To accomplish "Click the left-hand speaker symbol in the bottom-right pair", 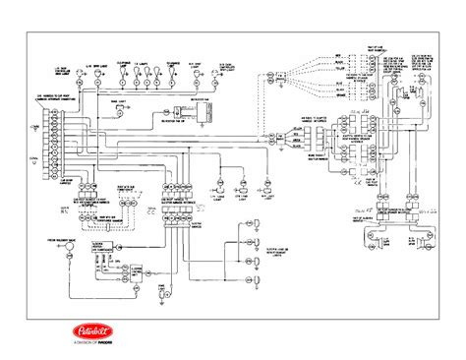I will [377, 235].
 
